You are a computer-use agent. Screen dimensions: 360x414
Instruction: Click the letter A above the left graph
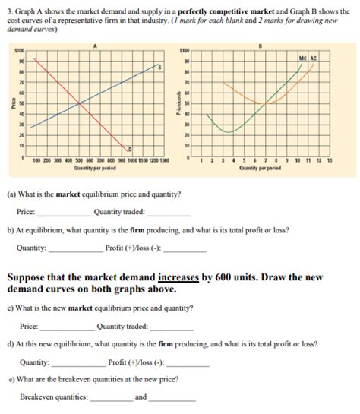[x=94, y=46]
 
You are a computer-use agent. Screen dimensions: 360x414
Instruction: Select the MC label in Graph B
[x=303, y=58]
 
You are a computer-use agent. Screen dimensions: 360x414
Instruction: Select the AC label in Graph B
[x=313, y=58]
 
